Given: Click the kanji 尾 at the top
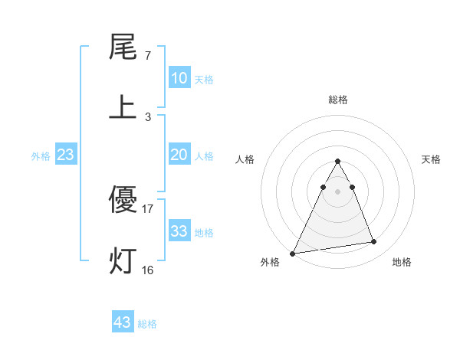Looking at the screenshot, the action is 122,47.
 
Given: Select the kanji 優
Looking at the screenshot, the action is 122,201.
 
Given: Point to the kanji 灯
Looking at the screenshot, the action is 122,260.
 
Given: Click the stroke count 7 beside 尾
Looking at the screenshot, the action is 148,56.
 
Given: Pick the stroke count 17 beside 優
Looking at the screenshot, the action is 148,208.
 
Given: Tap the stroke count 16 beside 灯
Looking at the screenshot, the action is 148,270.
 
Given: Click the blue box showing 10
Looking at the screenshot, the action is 179,78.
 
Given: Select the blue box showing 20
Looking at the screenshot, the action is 179,155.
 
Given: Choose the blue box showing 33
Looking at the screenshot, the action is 179,231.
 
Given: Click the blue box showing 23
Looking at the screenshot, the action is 66,155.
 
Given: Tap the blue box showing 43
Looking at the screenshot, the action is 123,322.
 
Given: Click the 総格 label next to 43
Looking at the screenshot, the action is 148,324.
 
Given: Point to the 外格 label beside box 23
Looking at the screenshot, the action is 41,156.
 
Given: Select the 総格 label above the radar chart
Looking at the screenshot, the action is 338,100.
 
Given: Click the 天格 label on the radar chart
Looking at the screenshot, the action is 432,159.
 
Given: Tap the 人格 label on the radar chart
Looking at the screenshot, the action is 245,159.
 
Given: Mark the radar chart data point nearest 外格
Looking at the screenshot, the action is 293,253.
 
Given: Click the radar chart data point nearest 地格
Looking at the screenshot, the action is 374,242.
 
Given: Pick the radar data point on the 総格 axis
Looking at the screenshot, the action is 338,162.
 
